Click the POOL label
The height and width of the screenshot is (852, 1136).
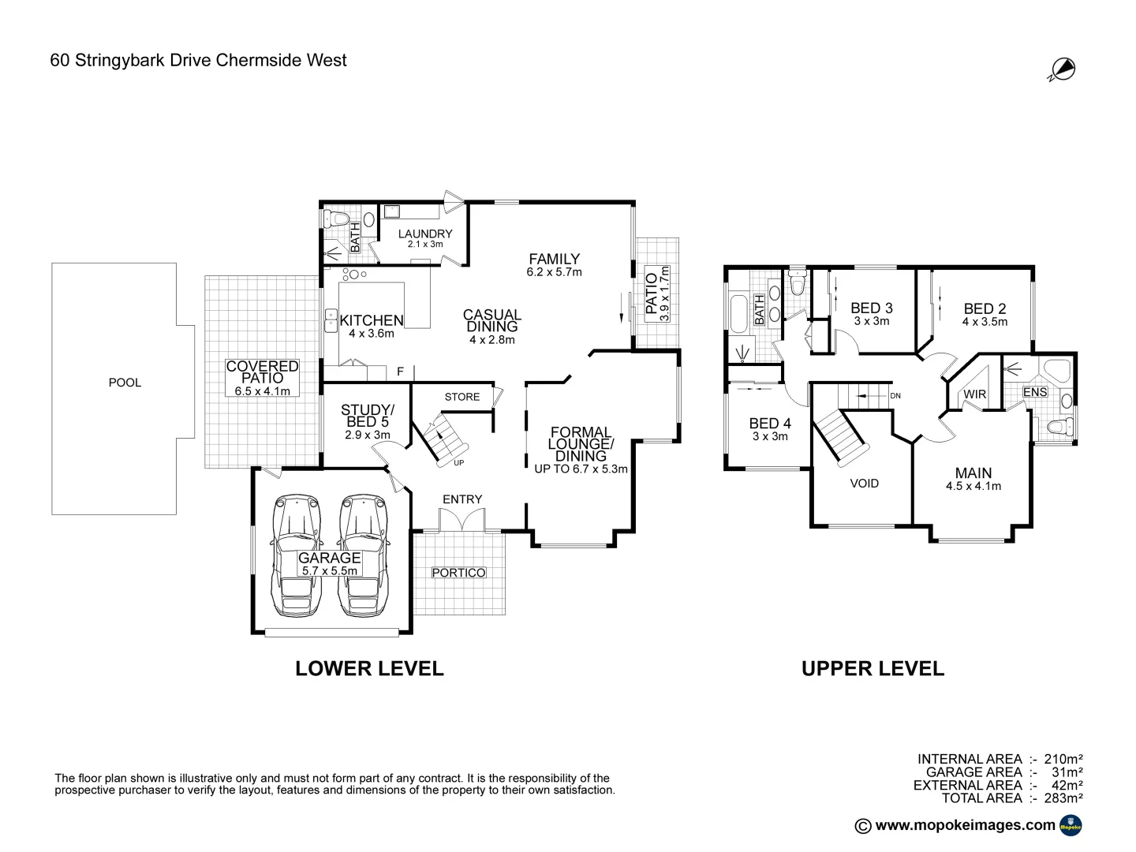click(125, 383)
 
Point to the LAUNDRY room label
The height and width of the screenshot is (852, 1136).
click(425, 234)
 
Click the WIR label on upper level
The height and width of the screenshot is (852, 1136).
click(974, 394)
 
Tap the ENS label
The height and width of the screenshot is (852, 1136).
click(1034, 392)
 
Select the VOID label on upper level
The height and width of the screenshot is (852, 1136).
click(865, 483)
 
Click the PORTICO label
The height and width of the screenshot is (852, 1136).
click(458, 572)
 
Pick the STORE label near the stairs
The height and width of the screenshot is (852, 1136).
click(461, 397)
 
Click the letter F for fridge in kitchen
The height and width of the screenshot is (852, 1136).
click(400, 372)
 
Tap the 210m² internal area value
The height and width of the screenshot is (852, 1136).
click(1063, 759)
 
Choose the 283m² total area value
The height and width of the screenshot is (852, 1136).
click(1063, 798)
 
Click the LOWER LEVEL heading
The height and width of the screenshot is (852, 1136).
click(369, 668)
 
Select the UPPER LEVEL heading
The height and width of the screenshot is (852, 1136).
click(873, 668)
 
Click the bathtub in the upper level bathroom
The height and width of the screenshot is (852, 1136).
click(740, 312)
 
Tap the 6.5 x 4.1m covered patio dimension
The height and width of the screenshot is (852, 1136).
click(263, 390)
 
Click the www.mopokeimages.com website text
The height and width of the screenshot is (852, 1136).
click(965, 825)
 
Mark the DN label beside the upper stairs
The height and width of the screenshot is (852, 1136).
click(895, 396)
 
